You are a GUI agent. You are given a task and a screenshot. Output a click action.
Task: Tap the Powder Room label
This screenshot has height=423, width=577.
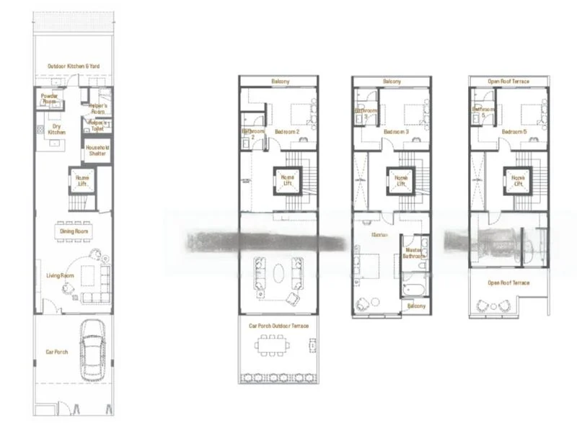(50, 99)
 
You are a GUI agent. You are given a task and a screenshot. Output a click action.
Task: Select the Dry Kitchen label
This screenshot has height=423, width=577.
(56, 130)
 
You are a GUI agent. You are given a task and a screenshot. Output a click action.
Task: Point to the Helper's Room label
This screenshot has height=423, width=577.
(98, 108)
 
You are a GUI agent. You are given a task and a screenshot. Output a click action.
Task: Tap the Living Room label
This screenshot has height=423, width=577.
(61, 276)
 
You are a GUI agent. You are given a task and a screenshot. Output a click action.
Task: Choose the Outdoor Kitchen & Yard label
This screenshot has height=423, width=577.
(74, 66)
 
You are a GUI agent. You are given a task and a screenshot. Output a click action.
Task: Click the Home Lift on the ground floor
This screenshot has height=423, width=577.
(83, 181)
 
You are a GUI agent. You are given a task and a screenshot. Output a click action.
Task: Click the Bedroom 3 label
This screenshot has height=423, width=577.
(396, 132)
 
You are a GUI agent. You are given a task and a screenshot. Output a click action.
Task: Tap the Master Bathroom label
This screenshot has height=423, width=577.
(414, 253)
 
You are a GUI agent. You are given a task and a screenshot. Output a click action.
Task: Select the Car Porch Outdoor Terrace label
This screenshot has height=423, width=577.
(278, 326)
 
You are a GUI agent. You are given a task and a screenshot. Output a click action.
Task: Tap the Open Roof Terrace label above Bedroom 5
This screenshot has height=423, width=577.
(508, 81)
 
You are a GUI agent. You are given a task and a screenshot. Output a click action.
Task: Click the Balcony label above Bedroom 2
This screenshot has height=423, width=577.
(280, 81)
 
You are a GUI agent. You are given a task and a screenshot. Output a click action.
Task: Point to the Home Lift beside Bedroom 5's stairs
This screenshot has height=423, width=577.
(518, 180)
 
